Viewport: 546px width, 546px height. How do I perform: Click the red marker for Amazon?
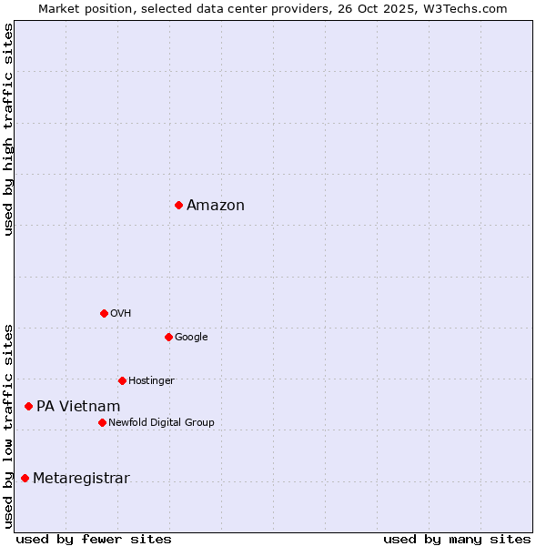178,205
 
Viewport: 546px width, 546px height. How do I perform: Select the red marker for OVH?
104,313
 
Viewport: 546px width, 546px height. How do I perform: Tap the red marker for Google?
168,337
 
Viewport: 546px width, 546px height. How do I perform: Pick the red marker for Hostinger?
122,380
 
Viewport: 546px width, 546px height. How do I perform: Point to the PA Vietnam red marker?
28,406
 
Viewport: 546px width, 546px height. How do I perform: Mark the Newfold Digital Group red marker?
102,422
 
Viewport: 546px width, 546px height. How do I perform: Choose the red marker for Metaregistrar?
25,479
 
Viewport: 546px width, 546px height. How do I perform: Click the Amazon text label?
216,205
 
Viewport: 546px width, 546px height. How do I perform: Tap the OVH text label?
121,313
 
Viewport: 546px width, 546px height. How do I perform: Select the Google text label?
191,337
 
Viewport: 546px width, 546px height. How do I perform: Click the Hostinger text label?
151,380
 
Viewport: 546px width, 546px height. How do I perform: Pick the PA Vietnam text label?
78,406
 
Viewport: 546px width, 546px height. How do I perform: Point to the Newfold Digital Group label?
161,422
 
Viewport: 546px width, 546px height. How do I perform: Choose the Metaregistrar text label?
81,479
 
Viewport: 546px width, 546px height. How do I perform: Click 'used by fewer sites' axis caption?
94,539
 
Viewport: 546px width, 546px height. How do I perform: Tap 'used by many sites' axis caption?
457,539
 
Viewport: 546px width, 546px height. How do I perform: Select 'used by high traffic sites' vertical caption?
8,129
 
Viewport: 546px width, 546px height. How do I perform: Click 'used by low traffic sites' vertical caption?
8,426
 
